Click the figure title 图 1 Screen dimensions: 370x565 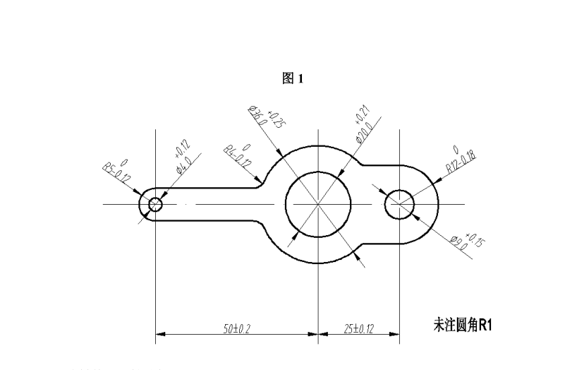tap(292, 79)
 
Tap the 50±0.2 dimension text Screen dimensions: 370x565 tap(238, 328)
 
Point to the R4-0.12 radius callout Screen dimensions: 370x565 tap(238, 153)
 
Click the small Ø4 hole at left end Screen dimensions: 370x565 tap(155, 205)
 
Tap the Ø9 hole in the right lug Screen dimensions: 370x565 tap(399, 204)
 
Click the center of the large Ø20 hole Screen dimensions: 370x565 tap(318, 204)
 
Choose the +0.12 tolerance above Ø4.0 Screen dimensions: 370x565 tap(181, 151)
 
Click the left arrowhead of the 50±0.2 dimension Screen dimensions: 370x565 tap(159, 333)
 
